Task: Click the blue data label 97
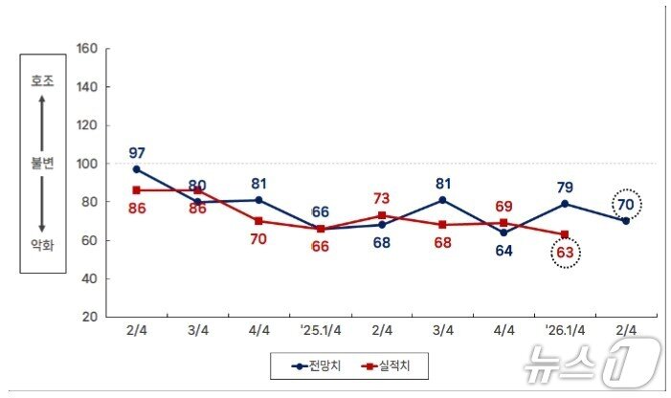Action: pyautogui.click(x=136, y=153)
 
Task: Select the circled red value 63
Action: pyautogui.click(x=565, y=254)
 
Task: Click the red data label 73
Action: pyautogui.click(x=381, y=198)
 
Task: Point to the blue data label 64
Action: pyautogui.click(x=503, y=252)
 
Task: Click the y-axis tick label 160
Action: pyautogui.click(x=87, y=49)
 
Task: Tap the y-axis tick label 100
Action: pyautogui.click(x=87, y=164)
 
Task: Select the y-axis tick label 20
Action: pyautogui.click(x=90, y=317)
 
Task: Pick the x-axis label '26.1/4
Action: pyautogui.click(x=565, y=329)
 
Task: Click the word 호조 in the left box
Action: pyautogui.click(x=42, y=81)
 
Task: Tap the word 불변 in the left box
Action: pyautogui.click(x=42, y=164)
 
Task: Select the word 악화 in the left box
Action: pyautogui.click(x=42, y=245)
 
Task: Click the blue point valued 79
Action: pyautogui.click(x=565, y=203)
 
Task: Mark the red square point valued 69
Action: pyautogui.click(x=503, y=222)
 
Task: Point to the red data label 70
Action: pyautogui.click(x=258, y=240)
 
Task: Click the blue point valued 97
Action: pyautogui.click(x=136, y=169)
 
